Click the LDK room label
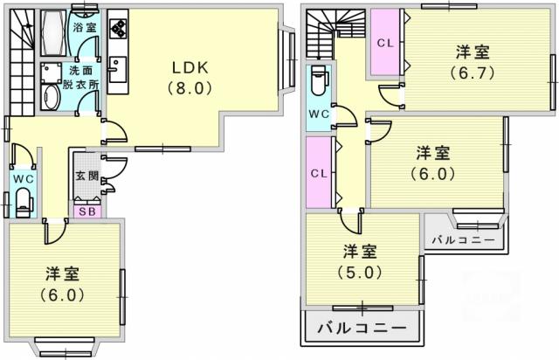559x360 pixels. [190, 68]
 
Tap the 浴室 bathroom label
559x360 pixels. [85, 28]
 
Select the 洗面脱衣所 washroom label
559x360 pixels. [81, 78]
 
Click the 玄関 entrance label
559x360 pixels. [87, 176]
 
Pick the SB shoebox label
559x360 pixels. [87, 211]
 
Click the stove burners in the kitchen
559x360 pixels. [118, 28]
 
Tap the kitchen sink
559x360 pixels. [117, 70]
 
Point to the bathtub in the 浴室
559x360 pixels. [53, 32]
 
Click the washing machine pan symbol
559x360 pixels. [51, 73]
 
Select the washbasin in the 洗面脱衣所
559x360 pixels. [51, 97]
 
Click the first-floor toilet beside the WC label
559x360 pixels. [24, 202]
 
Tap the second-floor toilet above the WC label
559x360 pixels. [318, 80]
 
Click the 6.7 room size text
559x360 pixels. [473, 73]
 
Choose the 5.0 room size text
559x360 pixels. [360, 273]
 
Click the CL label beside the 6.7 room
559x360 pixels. [385, 44]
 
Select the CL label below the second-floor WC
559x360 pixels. [319, 174]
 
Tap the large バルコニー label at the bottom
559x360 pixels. [362, 327]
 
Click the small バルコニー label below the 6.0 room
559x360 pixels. [464, 239]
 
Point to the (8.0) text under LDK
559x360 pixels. [190, 87]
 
